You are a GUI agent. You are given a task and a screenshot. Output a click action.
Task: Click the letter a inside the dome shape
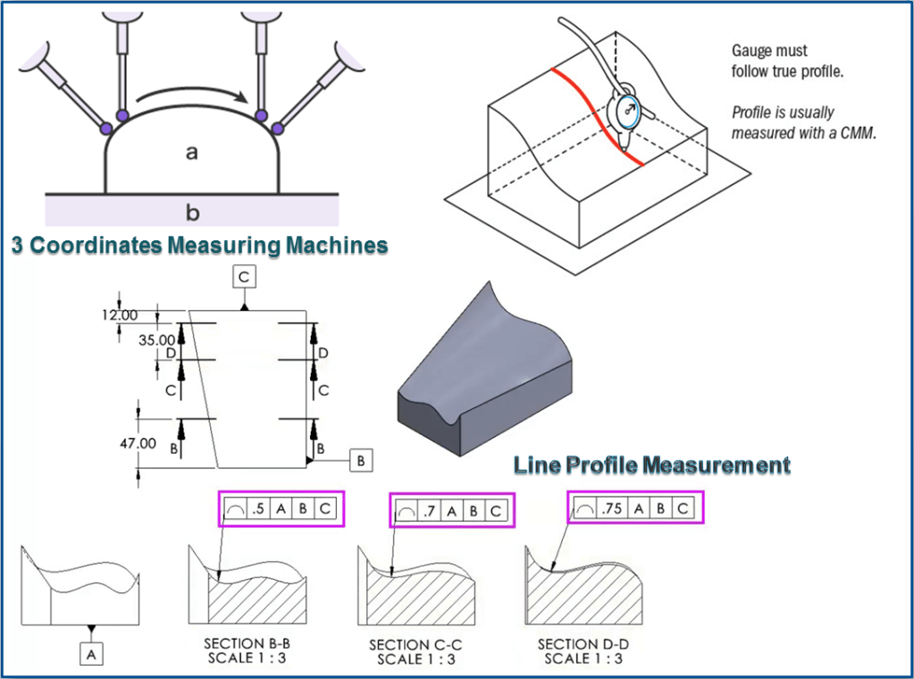click(191, 153)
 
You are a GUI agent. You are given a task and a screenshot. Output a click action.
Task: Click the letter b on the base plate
click(192, 213)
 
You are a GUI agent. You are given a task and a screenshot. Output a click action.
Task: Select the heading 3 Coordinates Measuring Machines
click(199, 246)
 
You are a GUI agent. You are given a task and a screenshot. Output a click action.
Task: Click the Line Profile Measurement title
click(651, 465)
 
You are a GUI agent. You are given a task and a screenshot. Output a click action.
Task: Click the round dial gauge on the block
click(627, 113)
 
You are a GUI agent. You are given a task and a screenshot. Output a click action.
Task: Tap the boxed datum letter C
click(244, 277)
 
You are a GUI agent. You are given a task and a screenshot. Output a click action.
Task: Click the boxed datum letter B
click(361, 461)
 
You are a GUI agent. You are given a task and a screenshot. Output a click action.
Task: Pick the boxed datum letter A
click(92, 654)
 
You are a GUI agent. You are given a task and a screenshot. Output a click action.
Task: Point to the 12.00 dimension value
click(119, 314)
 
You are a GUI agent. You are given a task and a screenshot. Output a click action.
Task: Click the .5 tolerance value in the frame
click(258, 509)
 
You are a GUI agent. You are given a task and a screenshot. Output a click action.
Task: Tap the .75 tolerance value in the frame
click(610, 508)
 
